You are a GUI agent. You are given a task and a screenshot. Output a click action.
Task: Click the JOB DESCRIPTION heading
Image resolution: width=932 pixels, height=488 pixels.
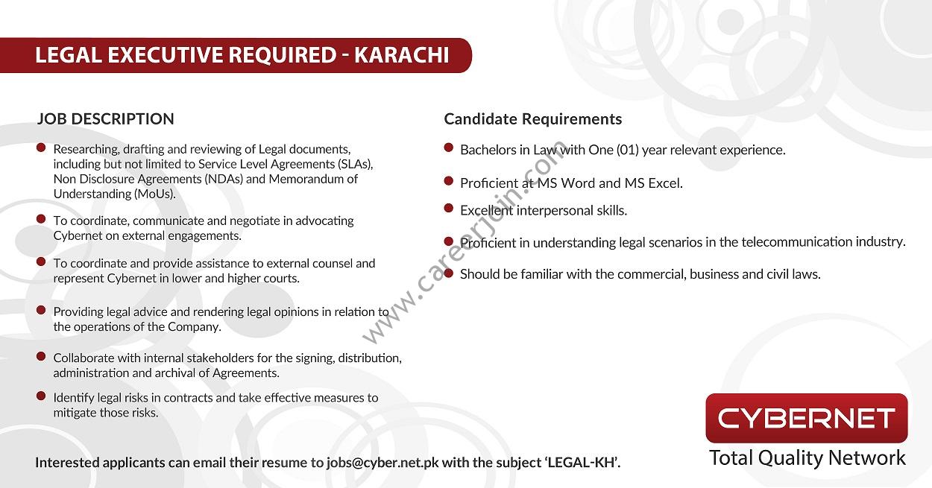pos(106,118)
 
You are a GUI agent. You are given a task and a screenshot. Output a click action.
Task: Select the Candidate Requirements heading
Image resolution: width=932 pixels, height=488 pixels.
pos(532,119)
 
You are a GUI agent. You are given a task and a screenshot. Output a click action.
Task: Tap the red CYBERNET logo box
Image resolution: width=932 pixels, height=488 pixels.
pos(806,418)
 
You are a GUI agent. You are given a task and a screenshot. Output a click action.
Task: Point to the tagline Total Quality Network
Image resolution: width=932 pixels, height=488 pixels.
pos(807,457)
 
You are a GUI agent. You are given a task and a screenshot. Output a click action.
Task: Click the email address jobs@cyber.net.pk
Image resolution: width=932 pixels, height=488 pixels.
pos(383,462)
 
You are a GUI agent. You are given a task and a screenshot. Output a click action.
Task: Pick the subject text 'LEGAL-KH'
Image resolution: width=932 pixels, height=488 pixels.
pos(582,462)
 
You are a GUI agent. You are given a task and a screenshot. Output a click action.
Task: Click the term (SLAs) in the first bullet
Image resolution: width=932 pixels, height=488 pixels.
pos(354,164)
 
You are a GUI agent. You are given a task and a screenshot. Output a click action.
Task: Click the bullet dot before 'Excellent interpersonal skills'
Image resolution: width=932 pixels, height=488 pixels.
pos(448,209)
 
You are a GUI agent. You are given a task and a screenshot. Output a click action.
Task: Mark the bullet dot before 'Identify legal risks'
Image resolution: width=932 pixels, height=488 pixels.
pos(41,396)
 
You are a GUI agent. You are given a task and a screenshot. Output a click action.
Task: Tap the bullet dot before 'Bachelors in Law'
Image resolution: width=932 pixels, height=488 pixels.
pos(448,148)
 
